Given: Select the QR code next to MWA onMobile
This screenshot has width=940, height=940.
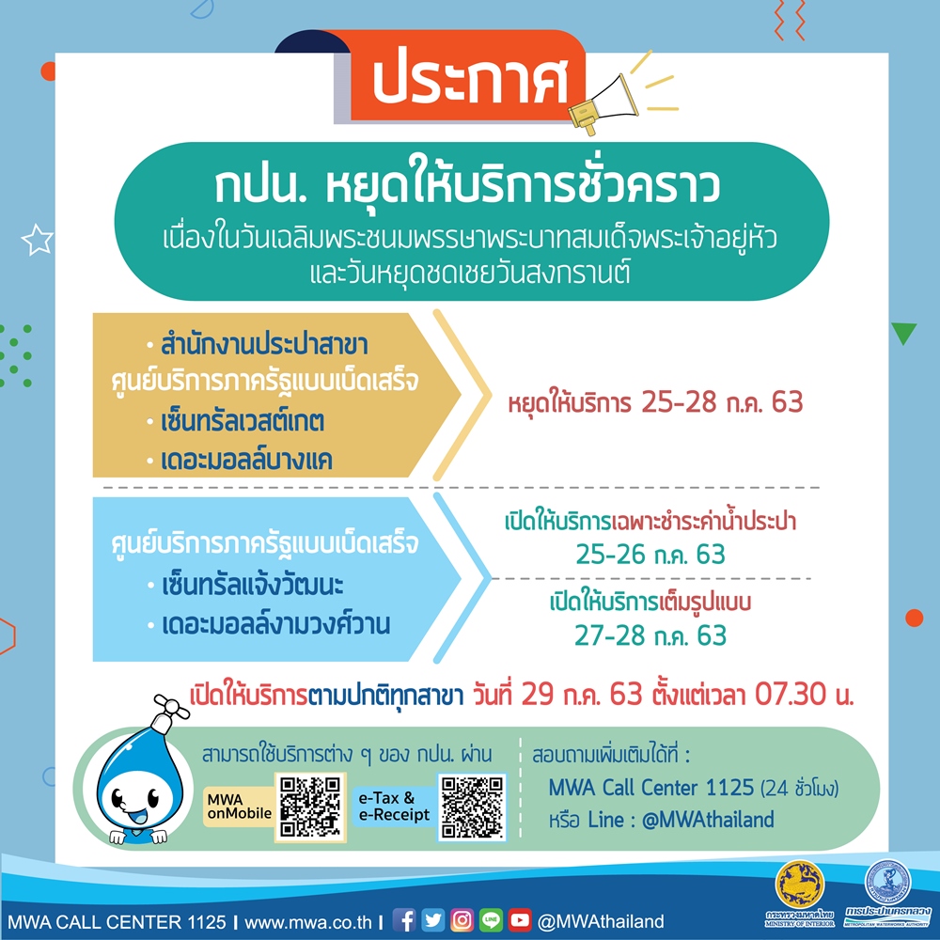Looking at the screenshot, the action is point(310,807).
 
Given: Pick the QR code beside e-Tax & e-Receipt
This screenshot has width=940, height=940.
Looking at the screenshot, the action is point(473,807).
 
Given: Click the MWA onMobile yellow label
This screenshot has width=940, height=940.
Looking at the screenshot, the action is point(239,807).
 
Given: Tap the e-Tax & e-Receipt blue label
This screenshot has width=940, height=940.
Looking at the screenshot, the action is point(395,807).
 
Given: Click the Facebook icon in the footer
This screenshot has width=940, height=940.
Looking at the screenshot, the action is point(404,920).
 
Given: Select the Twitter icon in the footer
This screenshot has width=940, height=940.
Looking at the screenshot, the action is point(432,920).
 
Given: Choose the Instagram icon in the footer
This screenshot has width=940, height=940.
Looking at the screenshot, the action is point(462,920).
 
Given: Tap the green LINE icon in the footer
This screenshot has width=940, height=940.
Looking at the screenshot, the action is point(491,920).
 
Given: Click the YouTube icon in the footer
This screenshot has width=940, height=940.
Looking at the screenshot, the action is point(520,920).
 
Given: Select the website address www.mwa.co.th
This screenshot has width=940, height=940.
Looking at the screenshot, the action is point(308,921).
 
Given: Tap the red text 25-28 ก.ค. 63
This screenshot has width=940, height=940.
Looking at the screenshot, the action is point(722,402).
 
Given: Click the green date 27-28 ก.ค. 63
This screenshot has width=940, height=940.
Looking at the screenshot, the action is point(650,635).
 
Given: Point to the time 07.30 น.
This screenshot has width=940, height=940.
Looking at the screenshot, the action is point(804,695).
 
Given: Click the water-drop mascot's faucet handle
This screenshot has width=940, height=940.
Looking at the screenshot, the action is point(171,708).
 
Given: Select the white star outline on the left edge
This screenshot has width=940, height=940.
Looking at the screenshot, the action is point(38,240).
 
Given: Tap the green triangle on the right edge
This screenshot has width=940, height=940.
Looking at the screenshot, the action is point(904,333).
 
